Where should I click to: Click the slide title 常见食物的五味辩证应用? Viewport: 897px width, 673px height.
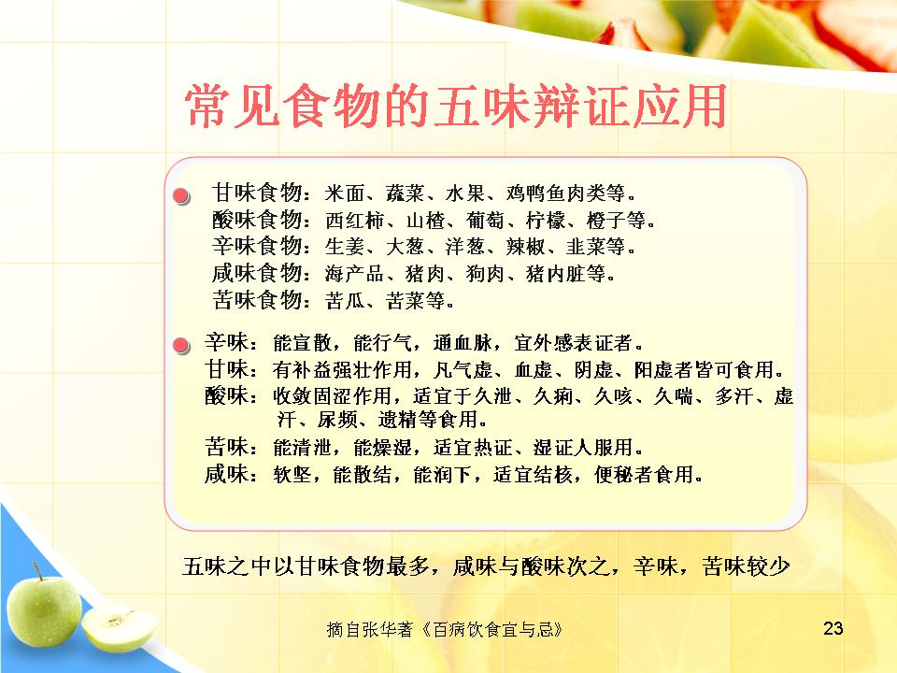(x=456, y=106)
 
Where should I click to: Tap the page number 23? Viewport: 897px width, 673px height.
(x=833, y=628)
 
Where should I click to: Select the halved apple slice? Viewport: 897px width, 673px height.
(x=119, y=629)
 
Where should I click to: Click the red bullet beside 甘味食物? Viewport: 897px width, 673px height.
(x=181, y=196)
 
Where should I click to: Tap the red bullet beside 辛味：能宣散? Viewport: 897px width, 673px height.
(x=181, y=346)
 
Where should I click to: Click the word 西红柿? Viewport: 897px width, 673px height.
(x=355, y=220)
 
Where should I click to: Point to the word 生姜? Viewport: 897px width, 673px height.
(x=345, y=247)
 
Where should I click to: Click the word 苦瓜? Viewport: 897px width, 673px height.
(x=345, y=300)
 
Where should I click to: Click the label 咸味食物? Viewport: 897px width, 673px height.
(x=257, y=273)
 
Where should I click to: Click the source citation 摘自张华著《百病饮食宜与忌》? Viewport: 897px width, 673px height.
(x=445, y=629)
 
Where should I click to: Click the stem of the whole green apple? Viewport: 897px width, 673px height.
(x=37, y=571)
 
